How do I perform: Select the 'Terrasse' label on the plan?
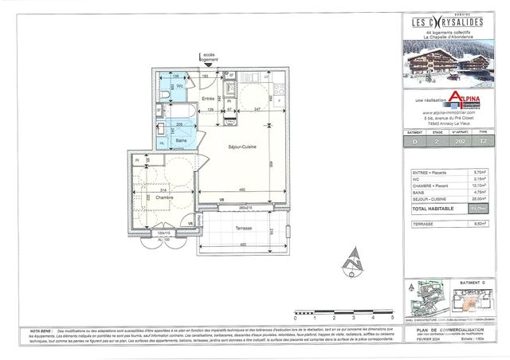click(243, 228)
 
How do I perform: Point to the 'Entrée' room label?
click(209, 100)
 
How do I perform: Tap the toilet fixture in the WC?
click(164, 94)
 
